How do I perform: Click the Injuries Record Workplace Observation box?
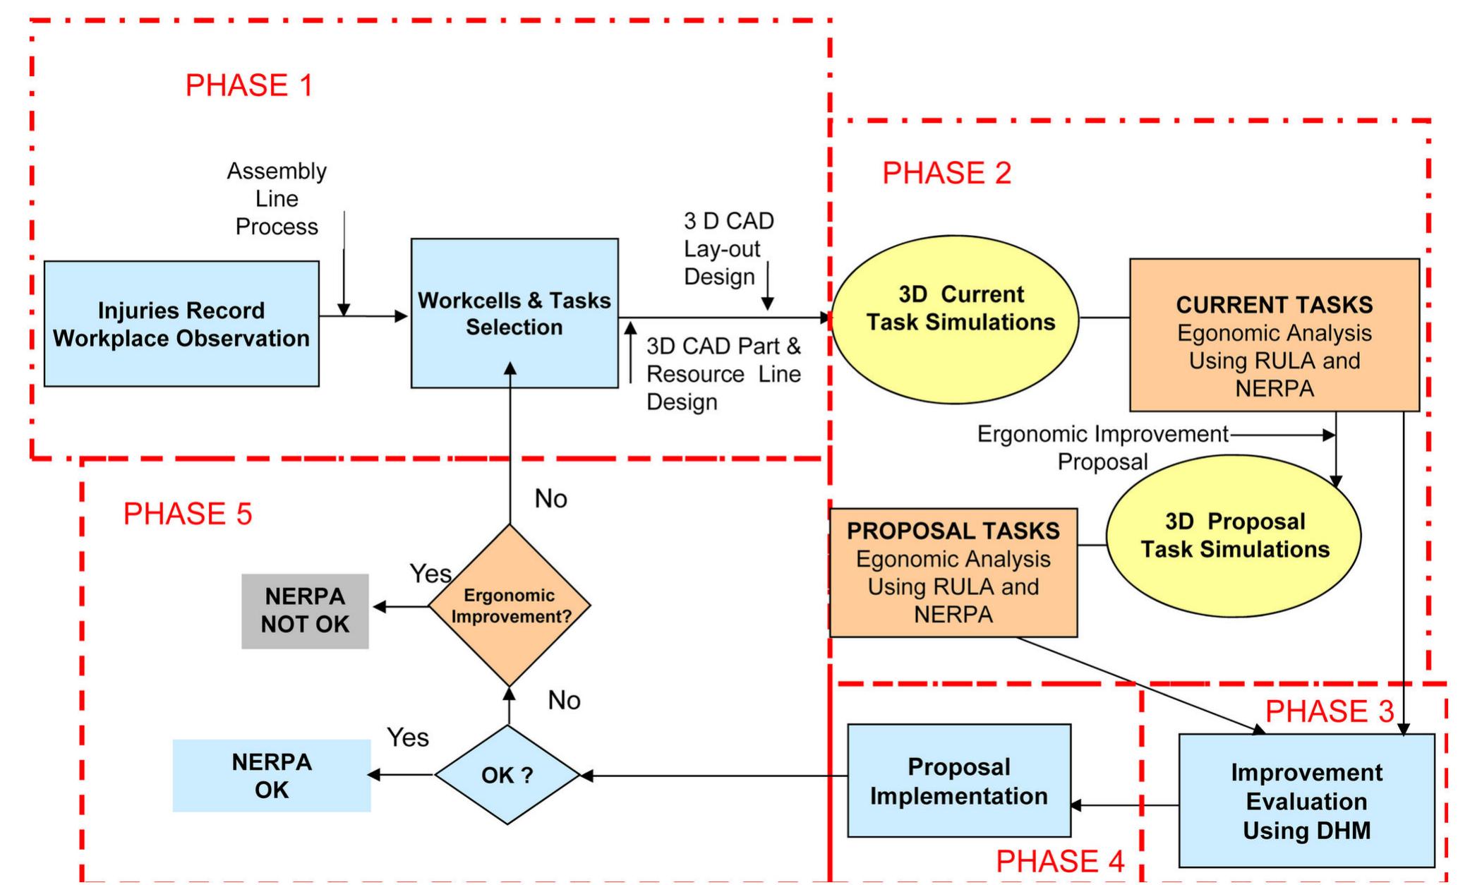point(181,324)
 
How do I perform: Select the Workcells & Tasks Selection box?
point(514,313)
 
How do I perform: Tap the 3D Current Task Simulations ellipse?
point(956,319)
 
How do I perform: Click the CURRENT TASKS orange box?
point(1274,335)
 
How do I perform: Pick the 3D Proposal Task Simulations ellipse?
point(1234,536)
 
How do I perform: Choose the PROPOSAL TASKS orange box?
point(953,572)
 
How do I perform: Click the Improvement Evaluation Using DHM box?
point(1306,801)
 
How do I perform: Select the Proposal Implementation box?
point(958,781)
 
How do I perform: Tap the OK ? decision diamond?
point(507,775)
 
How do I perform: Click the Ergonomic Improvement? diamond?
point(510,606)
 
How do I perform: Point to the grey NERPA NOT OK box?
point(305,610)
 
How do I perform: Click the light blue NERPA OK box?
point(272,776)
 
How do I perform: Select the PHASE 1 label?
point(248,85)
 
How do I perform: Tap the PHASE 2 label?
point(946,173)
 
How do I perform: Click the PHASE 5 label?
point(187,514)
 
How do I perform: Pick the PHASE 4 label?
point(1059,861)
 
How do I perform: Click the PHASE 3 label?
point(1330,711)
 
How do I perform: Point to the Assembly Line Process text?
point(277,198)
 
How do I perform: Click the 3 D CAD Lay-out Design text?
point(728,248)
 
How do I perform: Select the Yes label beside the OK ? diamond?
point(407,737)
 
